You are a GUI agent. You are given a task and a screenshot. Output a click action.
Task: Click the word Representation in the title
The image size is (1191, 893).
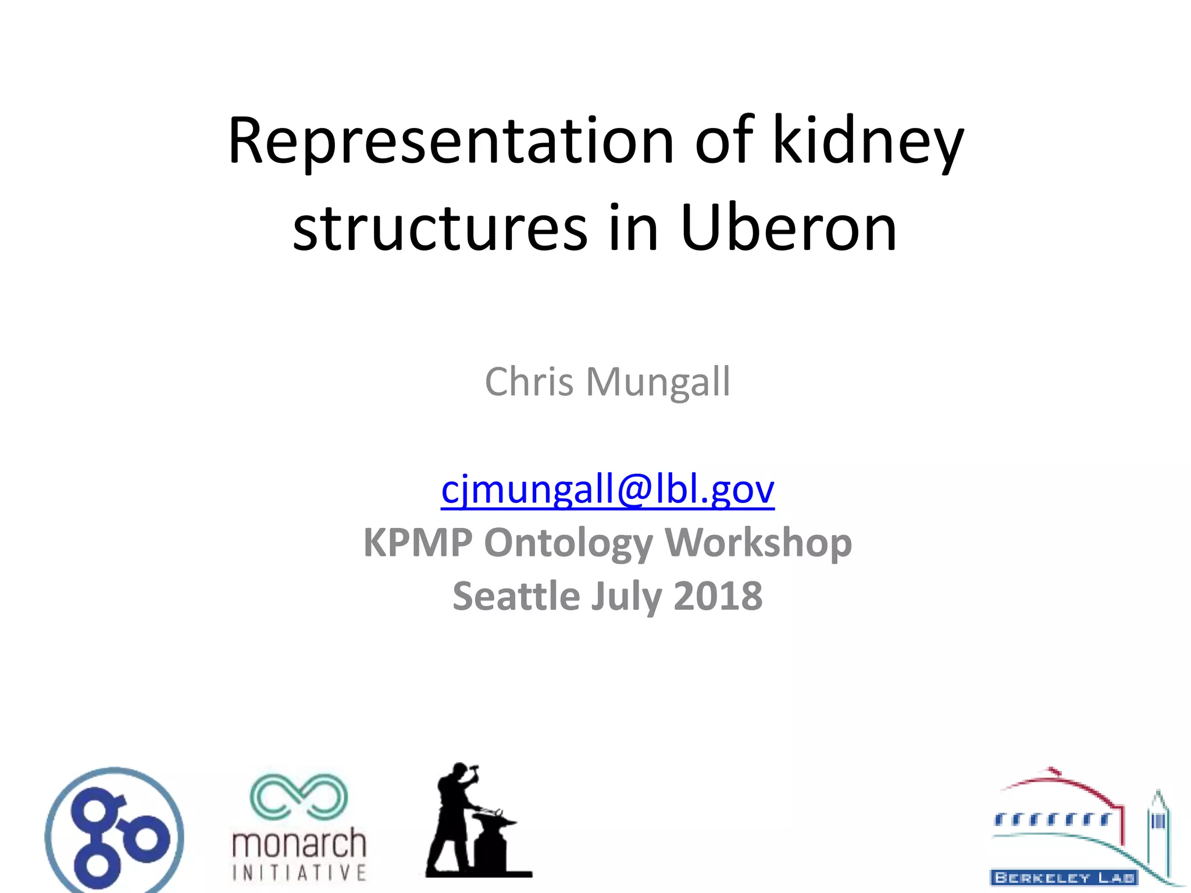pyautogui.click(x=451, y=141)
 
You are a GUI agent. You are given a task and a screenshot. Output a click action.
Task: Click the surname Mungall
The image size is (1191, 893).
pyautogui.click(x=658, y=383)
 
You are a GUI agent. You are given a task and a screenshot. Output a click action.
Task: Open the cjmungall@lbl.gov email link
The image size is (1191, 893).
pyautogui.click(x=607, y=489)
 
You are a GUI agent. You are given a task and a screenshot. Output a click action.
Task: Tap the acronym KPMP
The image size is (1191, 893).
pyautogui.click(x=418, y=542)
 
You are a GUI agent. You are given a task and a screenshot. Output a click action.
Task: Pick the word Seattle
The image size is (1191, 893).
pyautogui.click(x=516, y=596)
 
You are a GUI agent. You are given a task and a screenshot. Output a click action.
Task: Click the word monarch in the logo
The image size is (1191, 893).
pyautogui.click(x=299, y=844)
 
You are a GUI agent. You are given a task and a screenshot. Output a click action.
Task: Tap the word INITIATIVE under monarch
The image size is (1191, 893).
pyautogui.click(x=299, y=873)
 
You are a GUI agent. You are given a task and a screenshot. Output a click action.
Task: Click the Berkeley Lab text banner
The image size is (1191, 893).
pyautogui.click(x=1064, y=877)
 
